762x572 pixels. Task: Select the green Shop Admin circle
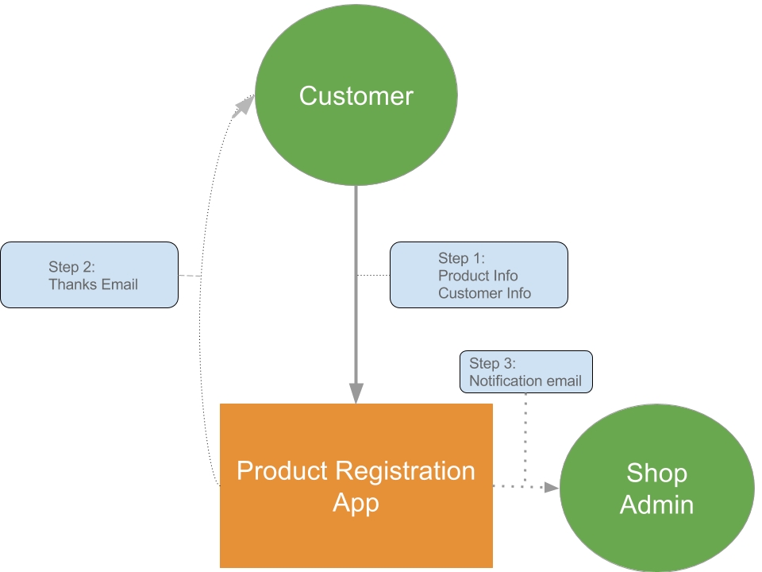coord(656,488)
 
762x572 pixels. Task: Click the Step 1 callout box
coord(479,275)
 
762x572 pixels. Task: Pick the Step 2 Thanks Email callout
coord(89,275)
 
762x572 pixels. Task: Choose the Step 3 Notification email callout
coord(525,372)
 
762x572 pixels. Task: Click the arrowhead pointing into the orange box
coord(356,392)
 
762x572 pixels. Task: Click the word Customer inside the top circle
coord(356,96)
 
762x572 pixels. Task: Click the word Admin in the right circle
coord(656,504)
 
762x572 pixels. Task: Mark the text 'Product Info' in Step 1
coord(478,276)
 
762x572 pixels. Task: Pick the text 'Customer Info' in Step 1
coord(484,293)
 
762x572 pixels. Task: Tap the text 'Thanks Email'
coord(93,284)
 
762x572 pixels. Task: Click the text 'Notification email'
coord(525,381)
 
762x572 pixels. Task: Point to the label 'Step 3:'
coord(492,364)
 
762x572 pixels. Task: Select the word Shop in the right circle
coord(656,473)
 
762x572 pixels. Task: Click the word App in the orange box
coord(356,503)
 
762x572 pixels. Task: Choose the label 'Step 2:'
coord(71,267)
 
